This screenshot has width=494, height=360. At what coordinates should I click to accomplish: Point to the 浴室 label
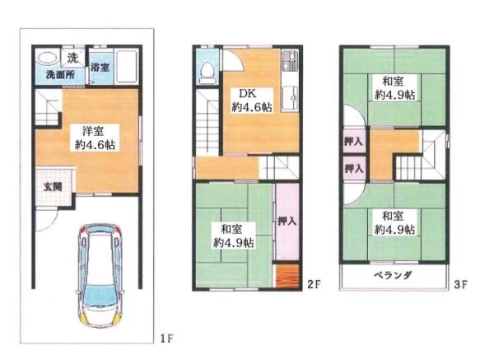[x=100, y=67]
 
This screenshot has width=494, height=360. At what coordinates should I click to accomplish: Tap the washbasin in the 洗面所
[x=46, y=58]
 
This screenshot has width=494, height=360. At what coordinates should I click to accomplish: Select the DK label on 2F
[x=247, y=93]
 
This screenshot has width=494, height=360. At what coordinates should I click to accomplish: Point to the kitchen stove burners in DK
[x=289, y=60]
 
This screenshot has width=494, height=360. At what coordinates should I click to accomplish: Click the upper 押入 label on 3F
[x=353, y=142]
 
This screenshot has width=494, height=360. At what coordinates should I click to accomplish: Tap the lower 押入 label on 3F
[x=353, y=169]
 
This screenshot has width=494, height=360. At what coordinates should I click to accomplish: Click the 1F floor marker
[x=165, y=339]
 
